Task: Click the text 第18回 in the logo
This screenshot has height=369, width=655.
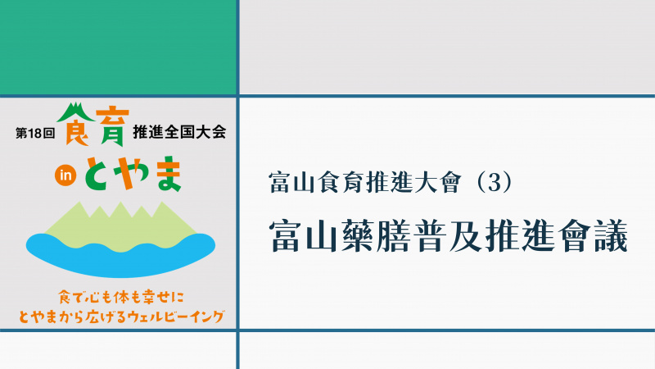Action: point(35,134)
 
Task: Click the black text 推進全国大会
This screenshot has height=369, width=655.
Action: point(179,132)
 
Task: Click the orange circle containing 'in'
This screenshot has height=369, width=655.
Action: point(65,175)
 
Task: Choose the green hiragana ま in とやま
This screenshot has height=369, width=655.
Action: point(167,173)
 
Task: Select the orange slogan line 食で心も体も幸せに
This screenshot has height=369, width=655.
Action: point(121,298)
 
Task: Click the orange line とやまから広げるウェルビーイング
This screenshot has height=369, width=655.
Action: point(121,317)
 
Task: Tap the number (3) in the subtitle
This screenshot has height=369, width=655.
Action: point(495,182)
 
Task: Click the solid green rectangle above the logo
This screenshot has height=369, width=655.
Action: point(118,48)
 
